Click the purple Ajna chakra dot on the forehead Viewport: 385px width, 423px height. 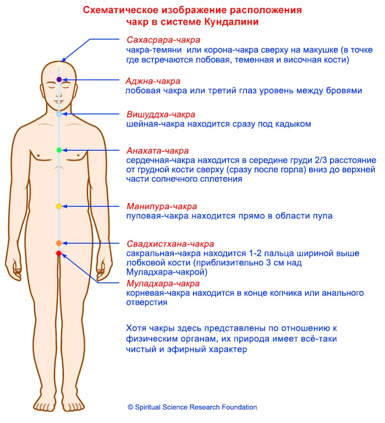click(x=59, y=80)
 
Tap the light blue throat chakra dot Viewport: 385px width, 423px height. click(x=59, y=114)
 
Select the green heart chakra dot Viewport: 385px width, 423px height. click(x=59, y=150)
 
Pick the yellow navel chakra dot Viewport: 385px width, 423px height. click(x=59, y=206)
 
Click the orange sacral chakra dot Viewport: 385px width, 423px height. click(x=59, y=243)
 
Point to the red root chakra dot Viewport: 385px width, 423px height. click(x=59, y=254)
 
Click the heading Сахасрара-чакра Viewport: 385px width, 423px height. click(x=163, y=40)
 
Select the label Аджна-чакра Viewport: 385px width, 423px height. click(x=153, y=81)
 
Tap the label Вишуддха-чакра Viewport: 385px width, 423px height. click(x=161, y=114)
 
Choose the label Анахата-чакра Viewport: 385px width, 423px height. click(x=157, y=151)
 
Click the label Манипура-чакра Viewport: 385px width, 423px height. click(x=162, y=207)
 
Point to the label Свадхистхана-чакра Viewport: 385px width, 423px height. click(x=170, y=244)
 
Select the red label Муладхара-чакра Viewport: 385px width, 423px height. click(x=163, y=283)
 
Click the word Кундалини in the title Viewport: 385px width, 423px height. click(x=232, y=21)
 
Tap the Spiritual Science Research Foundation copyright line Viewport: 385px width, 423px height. click(x=193, y=407)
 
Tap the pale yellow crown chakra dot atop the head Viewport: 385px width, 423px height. click(x=59, y=64)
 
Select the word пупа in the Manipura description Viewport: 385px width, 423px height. click(x=322, y=216)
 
